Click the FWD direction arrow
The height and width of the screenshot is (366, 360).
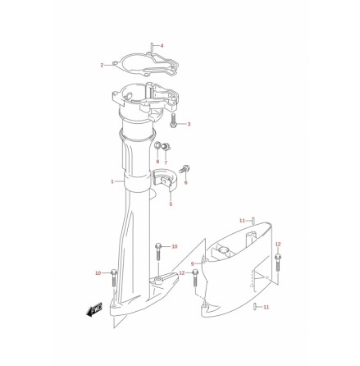[x=94, y=309]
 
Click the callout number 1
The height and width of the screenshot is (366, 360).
[x=112, y=181]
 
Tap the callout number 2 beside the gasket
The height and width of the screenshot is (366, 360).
[x=102, y=65]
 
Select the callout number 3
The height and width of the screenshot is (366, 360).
[x=189, y=124]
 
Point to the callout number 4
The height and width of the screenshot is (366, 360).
[x=162, y=46]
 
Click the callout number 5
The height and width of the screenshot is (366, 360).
[x=171, y=204]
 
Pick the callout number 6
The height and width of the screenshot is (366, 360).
[x=186, y=182]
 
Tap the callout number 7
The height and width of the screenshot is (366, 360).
[x=166, y=162]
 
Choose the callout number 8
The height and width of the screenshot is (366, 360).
[x=157, y=162]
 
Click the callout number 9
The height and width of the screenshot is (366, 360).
[x=193, y=263]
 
